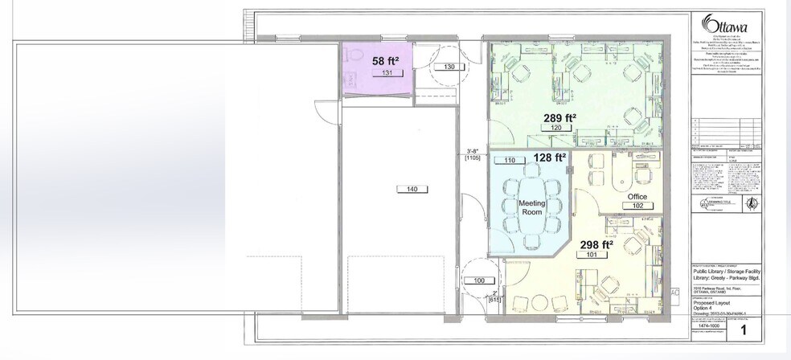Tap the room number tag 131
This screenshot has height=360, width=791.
(386, 73)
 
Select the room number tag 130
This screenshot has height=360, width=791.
(449, 67)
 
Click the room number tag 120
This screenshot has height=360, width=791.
(555, 129)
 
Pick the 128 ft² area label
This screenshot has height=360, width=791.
(551, 157)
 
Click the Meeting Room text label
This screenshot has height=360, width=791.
(531, 208)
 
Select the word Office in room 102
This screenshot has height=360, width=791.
(637, 196)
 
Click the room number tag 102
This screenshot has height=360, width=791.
(637, 207)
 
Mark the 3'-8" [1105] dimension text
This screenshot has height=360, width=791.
(473, 154)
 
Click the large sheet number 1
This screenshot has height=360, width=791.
(743, 329)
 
